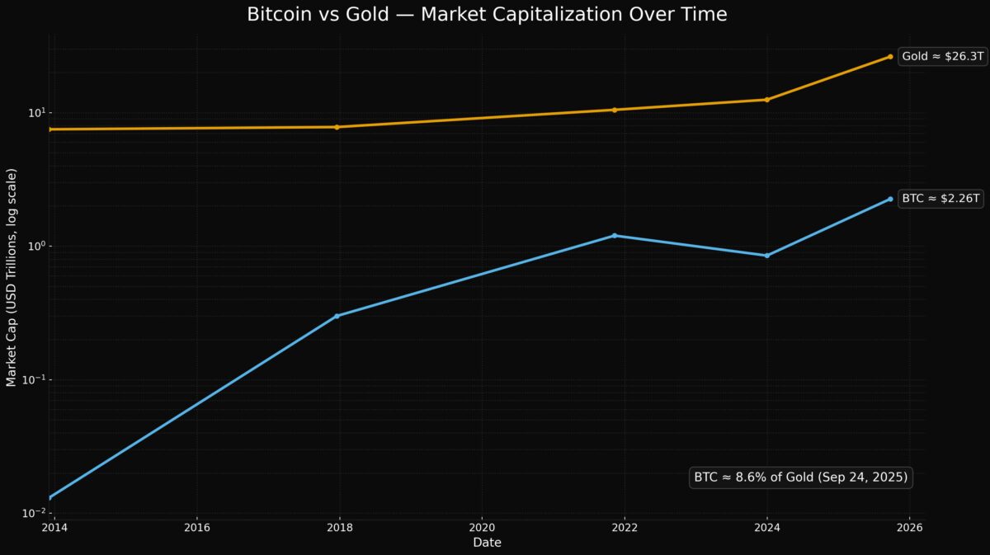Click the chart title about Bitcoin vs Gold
487,15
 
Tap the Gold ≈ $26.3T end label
941,57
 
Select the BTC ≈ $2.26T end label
940,199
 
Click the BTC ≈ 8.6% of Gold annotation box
800,477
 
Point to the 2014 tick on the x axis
51,527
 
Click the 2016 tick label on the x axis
196,527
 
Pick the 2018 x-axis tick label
339,527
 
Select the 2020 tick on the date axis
482,527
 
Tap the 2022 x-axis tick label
625,527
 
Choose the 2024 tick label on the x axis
767,527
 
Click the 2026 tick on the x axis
910,527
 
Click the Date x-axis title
487,543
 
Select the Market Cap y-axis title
12,278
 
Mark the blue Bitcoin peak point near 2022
615,236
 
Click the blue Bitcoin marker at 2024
767,256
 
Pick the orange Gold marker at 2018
337,127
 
